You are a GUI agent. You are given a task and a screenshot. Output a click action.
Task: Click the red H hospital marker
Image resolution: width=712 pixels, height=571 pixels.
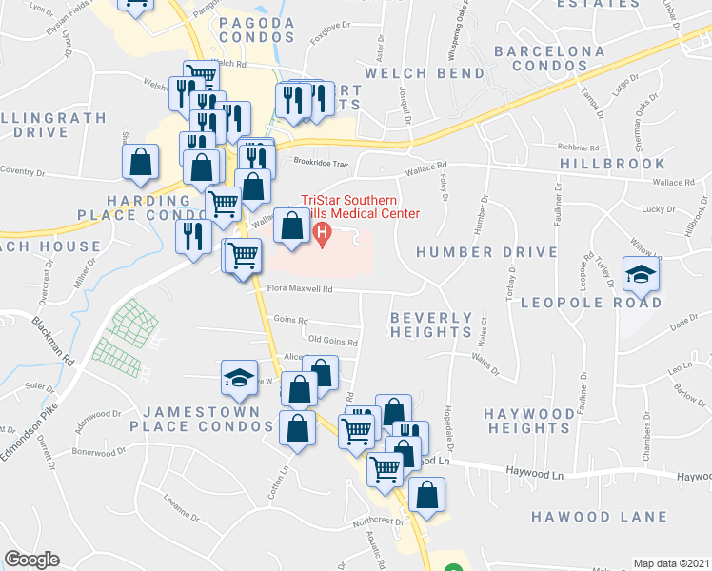[x=322, y=231]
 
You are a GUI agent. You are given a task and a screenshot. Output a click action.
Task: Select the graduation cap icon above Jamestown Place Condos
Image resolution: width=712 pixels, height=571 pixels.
[x=239, y=378]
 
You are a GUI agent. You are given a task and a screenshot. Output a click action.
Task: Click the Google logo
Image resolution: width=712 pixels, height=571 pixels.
[x=30, y=560]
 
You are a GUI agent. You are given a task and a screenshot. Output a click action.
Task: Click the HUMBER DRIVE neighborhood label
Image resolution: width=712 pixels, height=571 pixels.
[x=486, y=252]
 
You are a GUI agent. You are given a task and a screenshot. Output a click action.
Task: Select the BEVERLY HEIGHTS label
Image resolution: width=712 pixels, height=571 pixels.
[x=432, y=325]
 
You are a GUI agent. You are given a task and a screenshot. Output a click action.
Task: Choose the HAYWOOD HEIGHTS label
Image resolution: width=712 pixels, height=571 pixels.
[x=526, y=422]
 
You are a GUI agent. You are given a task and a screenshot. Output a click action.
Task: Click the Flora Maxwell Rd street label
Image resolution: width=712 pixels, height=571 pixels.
[x=300, y=289]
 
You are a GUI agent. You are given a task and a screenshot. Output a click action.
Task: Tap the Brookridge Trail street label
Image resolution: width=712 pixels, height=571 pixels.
[x=323, y=163]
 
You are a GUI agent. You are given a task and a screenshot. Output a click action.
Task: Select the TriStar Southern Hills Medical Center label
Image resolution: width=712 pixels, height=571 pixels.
[x=360, y=207]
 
